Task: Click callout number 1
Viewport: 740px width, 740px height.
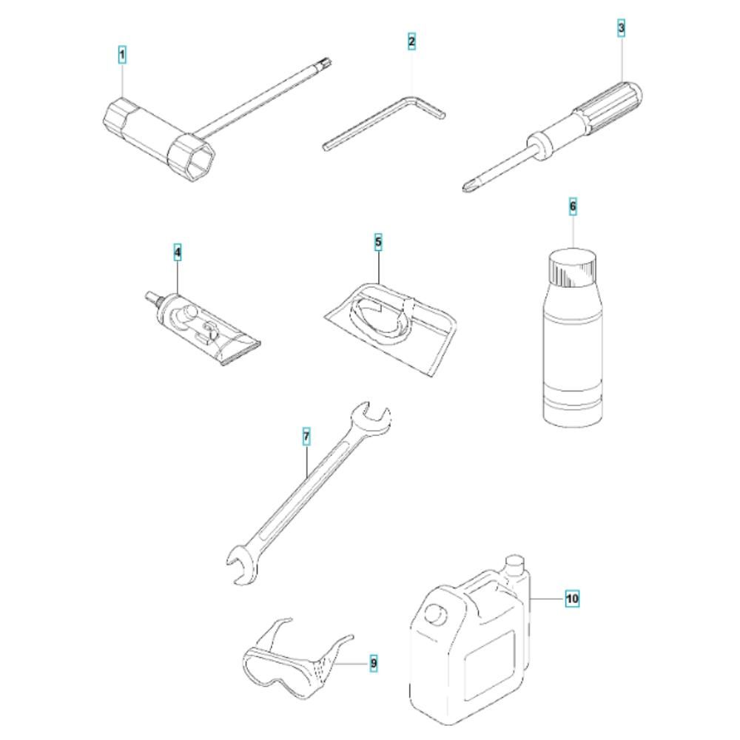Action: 122,55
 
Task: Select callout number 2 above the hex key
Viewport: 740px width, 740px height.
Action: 411,41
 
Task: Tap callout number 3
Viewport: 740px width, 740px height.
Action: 621,28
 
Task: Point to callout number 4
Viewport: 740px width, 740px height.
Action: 178,252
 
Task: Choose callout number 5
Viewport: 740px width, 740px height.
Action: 378,242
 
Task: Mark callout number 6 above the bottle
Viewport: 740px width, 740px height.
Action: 573,206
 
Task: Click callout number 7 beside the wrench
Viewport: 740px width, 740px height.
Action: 306,437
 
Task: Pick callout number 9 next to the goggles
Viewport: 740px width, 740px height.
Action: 373,664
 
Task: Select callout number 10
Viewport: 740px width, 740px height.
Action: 572,599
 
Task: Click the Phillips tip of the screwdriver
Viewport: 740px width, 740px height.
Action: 468,187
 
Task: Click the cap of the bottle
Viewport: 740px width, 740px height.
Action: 573,268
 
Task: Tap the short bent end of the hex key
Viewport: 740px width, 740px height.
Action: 428,107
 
